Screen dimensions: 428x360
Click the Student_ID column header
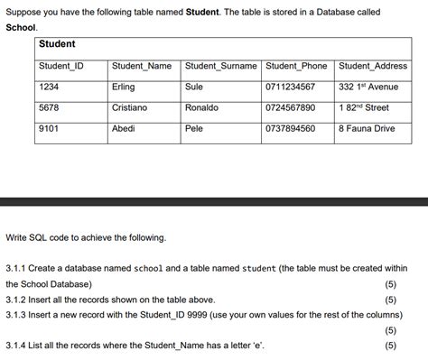[61, 66]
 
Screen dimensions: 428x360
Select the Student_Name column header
[142, 66]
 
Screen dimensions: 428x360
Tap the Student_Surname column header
[221, 66]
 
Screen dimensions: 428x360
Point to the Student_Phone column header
[297, 66]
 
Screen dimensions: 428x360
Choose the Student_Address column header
[373, 66]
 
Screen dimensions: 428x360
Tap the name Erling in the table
[124, 87]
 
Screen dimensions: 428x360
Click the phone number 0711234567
[291, 87]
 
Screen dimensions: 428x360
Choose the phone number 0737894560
[291, 129]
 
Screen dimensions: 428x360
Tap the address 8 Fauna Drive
[367, 129]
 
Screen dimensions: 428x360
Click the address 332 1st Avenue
[368, 87]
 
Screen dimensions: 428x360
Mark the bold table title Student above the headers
[57, 43]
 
